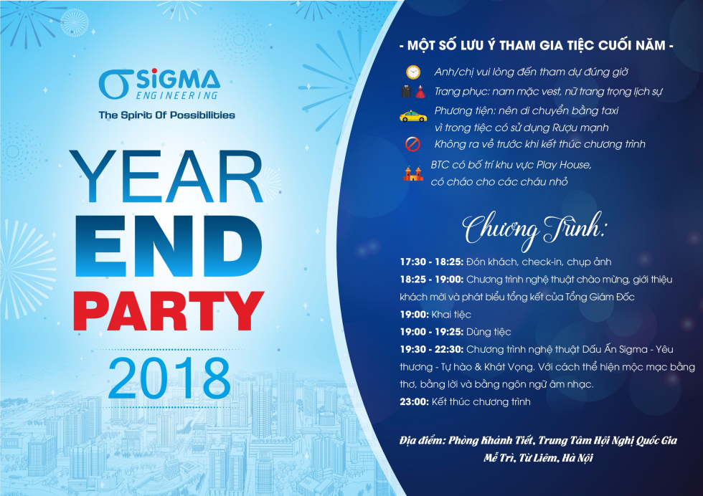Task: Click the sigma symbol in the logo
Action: [114, 85]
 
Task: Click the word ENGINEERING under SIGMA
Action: [177, 95]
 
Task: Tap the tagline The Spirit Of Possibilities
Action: [166, 115]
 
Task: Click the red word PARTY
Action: [169, 311]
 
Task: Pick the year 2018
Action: [169, 378]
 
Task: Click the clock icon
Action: [413, 72]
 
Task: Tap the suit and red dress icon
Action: [412, 92]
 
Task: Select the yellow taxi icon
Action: [413, 116]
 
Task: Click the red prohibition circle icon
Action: [412, 144]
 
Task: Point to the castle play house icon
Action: [413, 173]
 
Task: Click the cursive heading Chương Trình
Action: [534, 230]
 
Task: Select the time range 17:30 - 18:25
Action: [431, 262]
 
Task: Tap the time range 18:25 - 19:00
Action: [431, 279]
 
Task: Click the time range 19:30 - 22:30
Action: [431, 349]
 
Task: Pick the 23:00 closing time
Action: [415, 401]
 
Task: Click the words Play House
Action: [564, 165]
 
